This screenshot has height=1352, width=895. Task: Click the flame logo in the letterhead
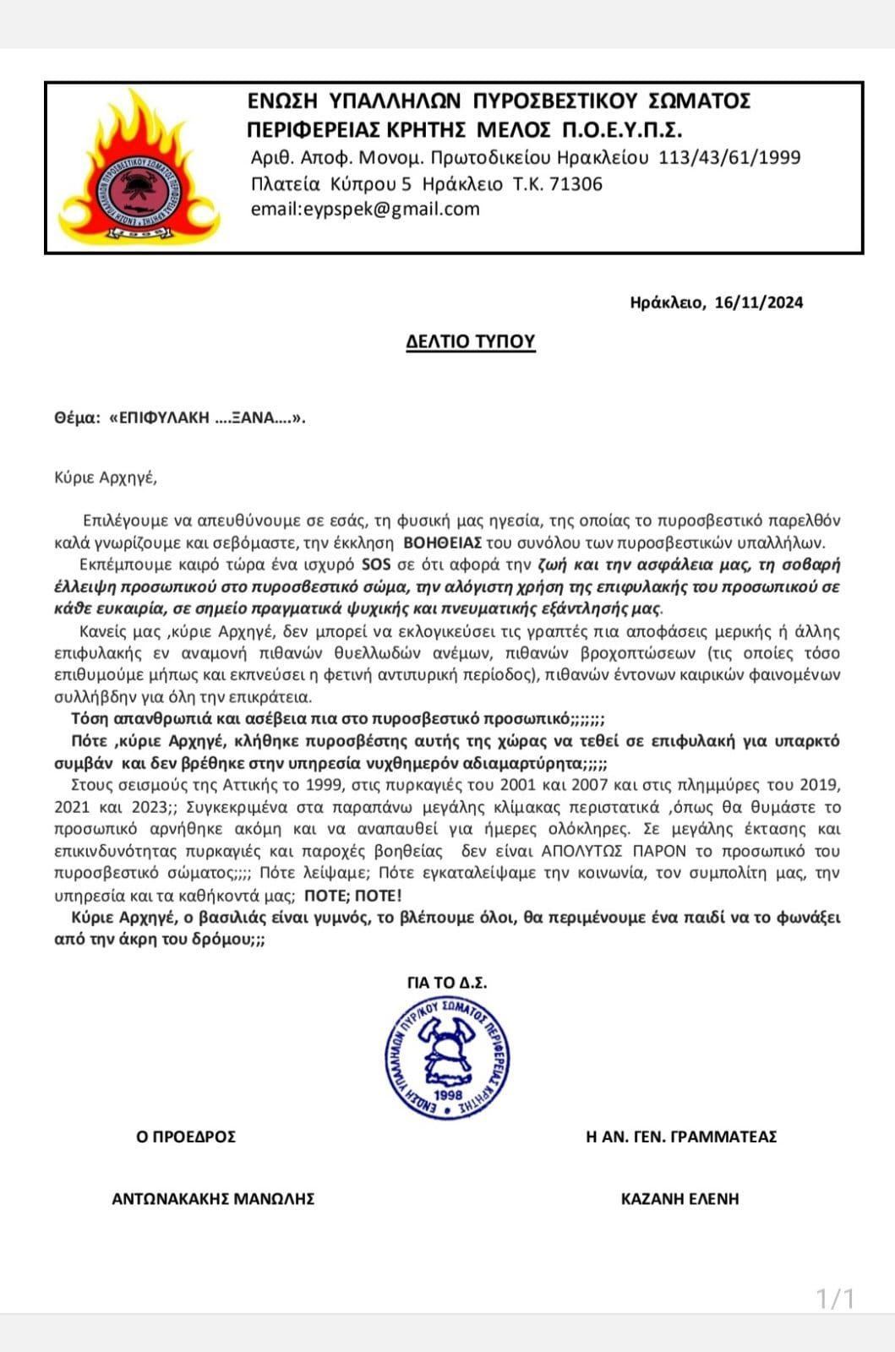pos(139,170)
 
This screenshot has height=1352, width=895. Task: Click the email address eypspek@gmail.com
pos(365,209)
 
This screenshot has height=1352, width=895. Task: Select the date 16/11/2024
pos(759,303)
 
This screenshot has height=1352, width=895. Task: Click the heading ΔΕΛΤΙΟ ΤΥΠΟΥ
pos(470,341)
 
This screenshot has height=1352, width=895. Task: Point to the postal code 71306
pos(576,184)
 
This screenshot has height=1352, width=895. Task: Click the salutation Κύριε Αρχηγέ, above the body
pos(106,477)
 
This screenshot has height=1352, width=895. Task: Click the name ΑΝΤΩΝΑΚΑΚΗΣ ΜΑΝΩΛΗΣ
pos(213,1198)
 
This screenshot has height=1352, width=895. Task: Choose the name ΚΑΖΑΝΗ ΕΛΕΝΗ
pos(679,1198)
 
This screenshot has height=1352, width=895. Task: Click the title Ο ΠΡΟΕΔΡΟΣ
pos(186,1137)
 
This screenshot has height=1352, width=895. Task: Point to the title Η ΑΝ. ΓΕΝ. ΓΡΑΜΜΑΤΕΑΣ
pos(681,1137)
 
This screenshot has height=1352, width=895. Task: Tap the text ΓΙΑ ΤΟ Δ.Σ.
pos(447,983)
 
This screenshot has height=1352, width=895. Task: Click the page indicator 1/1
pos(835,1298)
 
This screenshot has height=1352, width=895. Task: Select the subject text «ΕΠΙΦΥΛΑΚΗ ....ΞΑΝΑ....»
pos(207,418)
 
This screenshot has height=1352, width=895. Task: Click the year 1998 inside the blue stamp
pos(447,1095)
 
